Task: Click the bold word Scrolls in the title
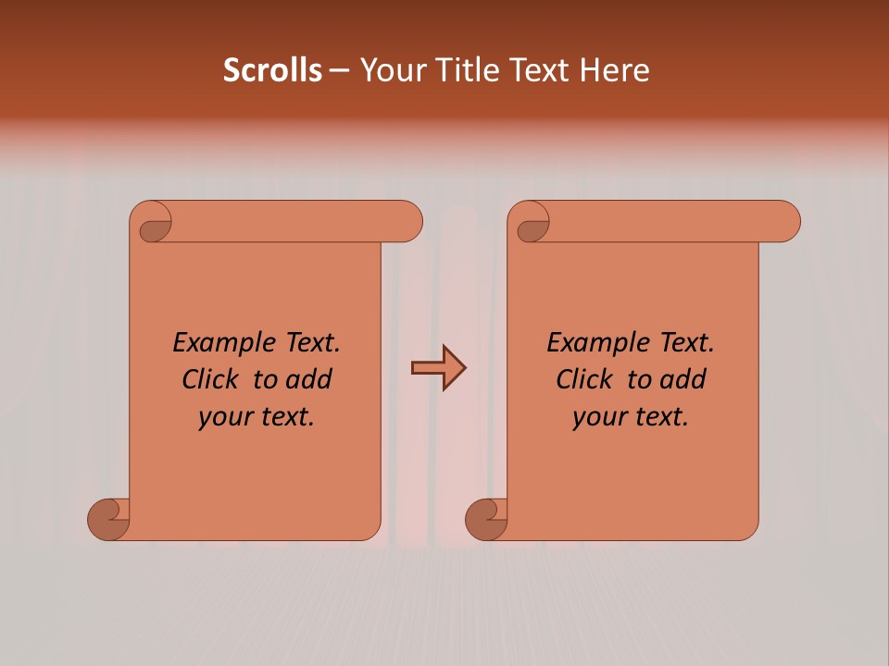273,70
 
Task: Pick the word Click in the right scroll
583,379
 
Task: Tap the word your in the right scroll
597,417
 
